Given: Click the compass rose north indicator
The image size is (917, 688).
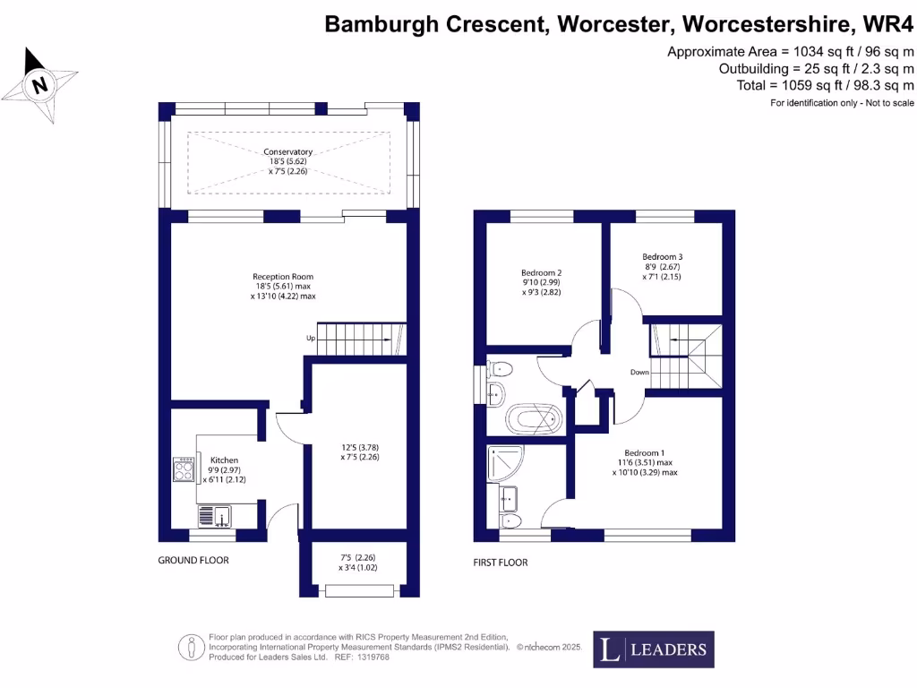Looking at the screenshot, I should point(39,86).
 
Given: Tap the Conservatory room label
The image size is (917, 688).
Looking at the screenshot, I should point(287,152).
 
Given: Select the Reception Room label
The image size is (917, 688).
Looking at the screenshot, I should point(283,277).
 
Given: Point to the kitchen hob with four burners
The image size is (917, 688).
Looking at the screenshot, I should point(184,469).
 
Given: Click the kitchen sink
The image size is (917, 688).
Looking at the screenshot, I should point(216,515).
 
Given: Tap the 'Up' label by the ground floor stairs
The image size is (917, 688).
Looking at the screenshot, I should point(310,339).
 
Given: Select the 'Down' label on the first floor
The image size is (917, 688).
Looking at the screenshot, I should point(638,372).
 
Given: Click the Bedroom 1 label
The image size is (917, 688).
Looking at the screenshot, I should point(645,452).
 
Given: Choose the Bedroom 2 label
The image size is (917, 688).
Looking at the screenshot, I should point(541,272).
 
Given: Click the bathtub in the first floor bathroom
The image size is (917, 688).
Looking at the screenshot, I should point(534,418).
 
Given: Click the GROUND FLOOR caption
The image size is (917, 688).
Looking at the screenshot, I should point(193,560).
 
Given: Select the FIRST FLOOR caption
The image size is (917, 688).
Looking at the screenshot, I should point(501,563).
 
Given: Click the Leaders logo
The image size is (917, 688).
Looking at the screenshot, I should point(654,650).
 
